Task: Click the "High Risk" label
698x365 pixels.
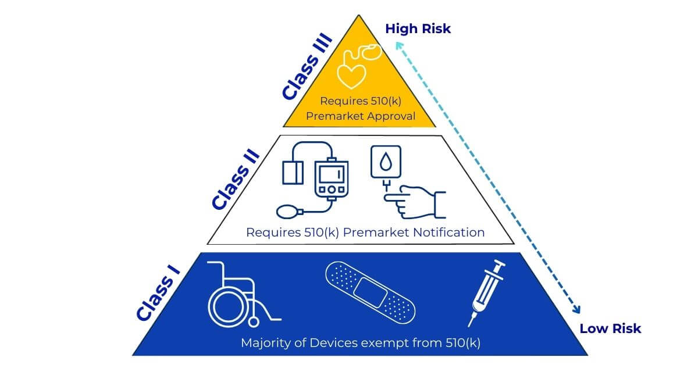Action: coord(418,28)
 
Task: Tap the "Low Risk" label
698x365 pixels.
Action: coord(610,328)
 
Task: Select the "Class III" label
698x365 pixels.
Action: coord(307,66)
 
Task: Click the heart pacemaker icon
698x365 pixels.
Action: coord(356,65)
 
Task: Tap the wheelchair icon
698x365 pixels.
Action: coord(238,294)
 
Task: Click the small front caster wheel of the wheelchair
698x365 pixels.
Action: coord(254,320)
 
